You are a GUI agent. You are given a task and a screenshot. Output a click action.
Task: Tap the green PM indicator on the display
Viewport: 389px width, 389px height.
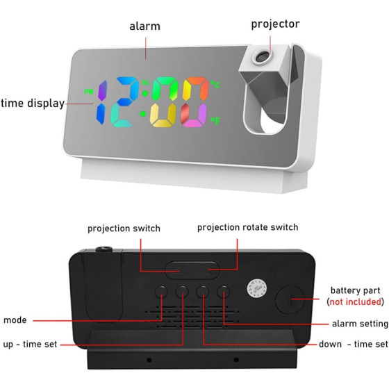click(89, 92)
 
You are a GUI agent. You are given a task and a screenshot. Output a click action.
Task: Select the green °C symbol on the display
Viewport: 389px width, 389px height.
click(215, 84)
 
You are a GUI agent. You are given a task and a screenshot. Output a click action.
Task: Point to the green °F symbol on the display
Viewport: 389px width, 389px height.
click(215, 121)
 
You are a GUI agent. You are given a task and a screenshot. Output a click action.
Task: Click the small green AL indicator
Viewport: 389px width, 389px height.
click(146, 83)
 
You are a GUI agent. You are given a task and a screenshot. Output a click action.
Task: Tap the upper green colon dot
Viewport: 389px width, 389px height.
click(145, 94)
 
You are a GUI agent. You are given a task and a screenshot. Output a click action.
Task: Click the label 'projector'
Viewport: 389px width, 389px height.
click(275, 24)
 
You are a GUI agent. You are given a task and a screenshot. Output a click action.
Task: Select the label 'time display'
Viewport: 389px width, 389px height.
click(33, 104)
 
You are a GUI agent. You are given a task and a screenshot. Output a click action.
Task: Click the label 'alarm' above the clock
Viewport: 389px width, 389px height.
click(145, 26)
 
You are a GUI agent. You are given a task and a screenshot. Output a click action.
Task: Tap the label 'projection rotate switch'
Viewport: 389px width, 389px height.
click(247, 227)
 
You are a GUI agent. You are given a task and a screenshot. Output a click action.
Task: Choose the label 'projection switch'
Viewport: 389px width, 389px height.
click(124, 229)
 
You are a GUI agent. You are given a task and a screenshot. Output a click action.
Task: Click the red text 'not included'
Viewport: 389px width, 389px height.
click(355, 301)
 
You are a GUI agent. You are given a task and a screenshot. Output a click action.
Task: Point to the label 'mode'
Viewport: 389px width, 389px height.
click(15, 320)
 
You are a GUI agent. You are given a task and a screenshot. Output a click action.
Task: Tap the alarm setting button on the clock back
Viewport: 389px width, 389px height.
click(223, 292)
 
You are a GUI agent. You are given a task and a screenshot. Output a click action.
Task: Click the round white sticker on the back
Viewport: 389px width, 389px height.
click(257, 288)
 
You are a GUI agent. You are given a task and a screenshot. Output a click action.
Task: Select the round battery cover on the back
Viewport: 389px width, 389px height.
click(290, 299)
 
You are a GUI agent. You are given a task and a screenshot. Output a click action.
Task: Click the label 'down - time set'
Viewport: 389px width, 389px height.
click(354, 344)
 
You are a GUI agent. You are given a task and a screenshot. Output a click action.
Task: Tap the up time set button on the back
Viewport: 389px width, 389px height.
click(182, 292)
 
